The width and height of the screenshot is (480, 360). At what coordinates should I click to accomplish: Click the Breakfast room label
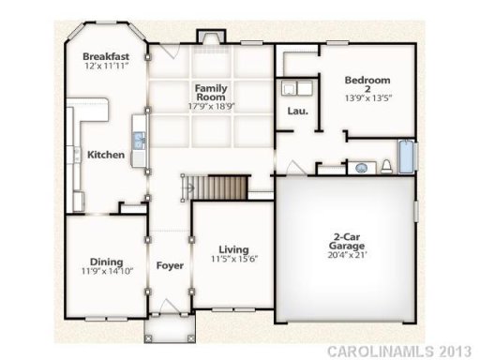(x=105, y=56)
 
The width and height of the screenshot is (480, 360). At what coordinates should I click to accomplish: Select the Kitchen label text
(x=106, y=155)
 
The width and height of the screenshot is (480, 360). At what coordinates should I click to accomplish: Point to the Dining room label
(x=106, y=262)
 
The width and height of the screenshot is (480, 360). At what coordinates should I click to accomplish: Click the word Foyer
(x=169, y=265)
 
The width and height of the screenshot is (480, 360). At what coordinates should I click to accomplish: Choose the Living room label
(x=227, y=249)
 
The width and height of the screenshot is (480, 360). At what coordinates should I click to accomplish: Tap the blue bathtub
(x=406, y=157)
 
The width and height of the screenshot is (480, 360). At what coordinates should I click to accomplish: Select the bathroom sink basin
(x=363, y=169)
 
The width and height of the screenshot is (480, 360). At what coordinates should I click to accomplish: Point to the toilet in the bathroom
(x=385, y=167)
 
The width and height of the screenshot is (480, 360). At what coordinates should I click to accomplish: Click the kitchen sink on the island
(x=139, y=142)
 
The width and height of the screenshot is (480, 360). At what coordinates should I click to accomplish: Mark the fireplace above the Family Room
(x=207, y=37)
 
